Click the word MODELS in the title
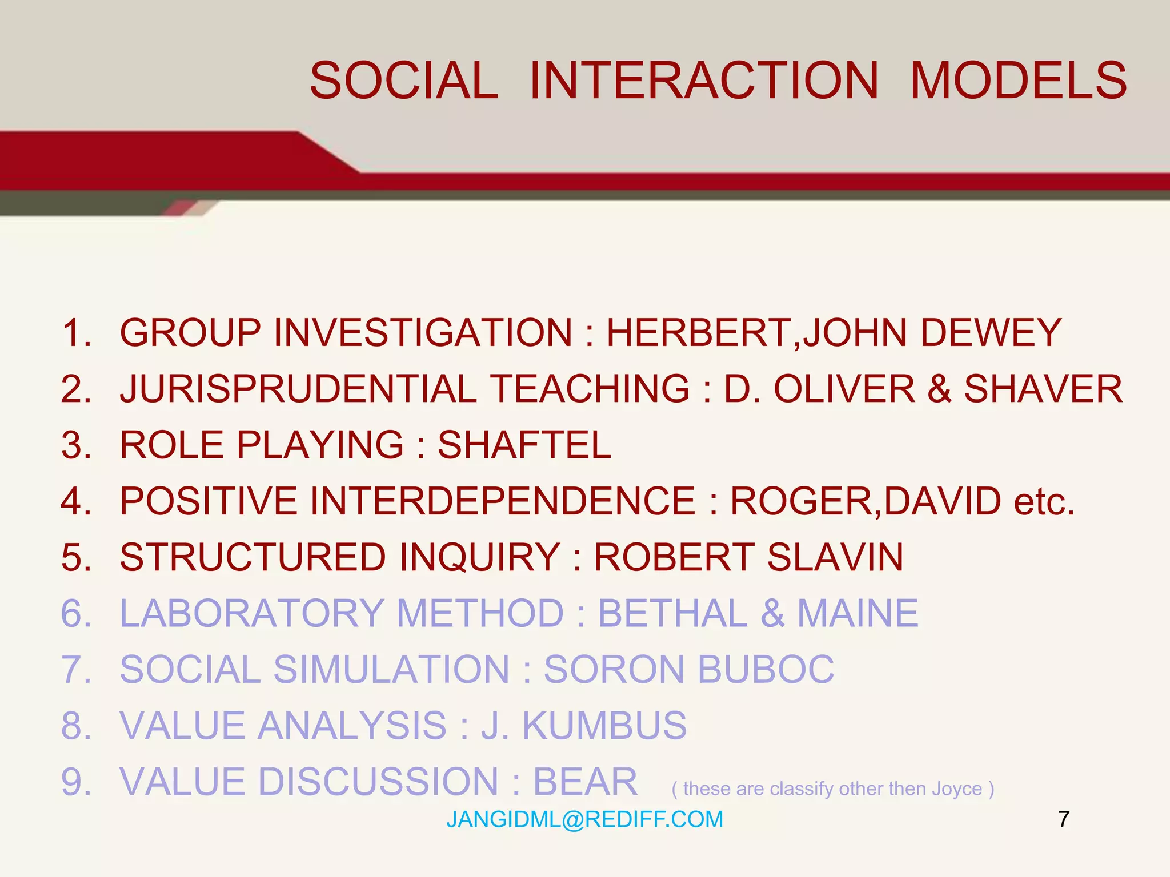coord(1018,81)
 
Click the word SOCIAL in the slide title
coord(404,81)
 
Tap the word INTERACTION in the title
coord(704,81)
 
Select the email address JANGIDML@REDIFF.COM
coord(584,819)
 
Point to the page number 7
coord(1063,819)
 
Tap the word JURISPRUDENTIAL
coord(298,389)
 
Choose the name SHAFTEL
coord(524,445)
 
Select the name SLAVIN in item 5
coord(835,557)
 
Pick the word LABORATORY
coord(251,613)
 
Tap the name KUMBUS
coord(604,726)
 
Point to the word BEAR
coord(585,782)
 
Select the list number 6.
coord(76,613)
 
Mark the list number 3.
coord(76,445)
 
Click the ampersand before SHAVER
coord(939,389)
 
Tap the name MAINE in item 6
coord(858,613)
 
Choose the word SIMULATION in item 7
coord(391,669)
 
